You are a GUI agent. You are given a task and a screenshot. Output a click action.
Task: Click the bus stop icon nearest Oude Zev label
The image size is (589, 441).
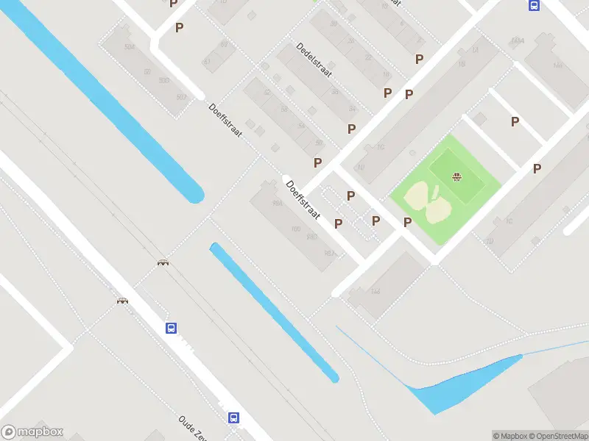(x=233, y=417)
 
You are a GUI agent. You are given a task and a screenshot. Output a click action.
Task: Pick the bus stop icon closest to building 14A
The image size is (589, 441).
(x=533, y=5)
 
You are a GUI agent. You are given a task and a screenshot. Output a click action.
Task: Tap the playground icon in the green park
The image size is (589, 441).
(x=456, y=176)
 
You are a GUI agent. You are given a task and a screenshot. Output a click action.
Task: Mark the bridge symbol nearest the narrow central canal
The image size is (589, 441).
(x=162, y=262)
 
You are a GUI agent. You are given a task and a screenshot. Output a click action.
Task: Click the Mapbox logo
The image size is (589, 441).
(x=32, y=432)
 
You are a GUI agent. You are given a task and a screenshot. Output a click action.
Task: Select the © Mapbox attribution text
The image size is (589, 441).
(x=510, y=436)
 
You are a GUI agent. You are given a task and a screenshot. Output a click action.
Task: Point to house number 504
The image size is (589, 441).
(x=130, y=46)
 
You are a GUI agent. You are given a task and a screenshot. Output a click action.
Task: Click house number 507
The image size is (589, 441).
(x=181, y=97)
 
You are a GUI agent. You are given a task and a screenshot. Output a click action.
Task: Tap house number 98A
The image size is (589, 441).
(x=278, y=204)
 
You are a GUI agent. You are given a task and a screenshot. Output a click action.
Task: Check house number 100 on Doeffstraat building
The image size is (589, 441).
(x=297, y=229)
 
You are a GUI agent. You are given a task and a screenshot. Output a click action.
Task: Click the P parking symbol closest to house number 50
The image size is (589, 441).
(x=318, y=162)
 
